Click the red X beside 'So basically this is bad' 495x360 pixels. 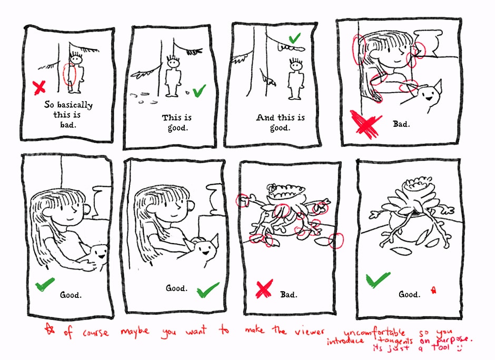(39, 88)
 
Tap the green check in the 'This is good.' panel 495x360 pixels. (199, 91)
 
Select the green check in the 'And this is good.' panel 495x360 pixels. (294, 38)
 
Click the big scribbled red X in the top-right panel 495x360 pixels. (366, 124)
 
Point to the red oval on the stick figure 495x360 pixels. (70, 75)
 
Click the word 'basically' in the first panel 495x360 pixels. (75, 105)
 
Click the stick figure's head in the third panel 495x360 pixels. (296, 66)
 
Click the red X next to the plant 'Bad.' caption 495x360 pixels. (264, 289)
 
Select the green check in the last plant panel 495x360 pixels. (378, 279)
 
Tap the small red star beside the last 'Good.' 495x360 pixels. (434, 289)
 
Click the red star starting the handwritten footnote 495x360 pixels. (49, 329)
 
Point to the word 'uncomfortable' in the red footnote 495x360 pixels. (374, 333)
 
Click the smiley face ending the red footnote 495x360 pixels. (459, 348)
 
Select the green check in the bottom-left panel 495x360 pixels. (45, 284)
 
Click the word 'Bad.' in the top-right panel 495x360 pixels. (401, 124)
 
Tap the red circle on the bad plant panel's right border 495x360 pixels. (336, 241)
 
